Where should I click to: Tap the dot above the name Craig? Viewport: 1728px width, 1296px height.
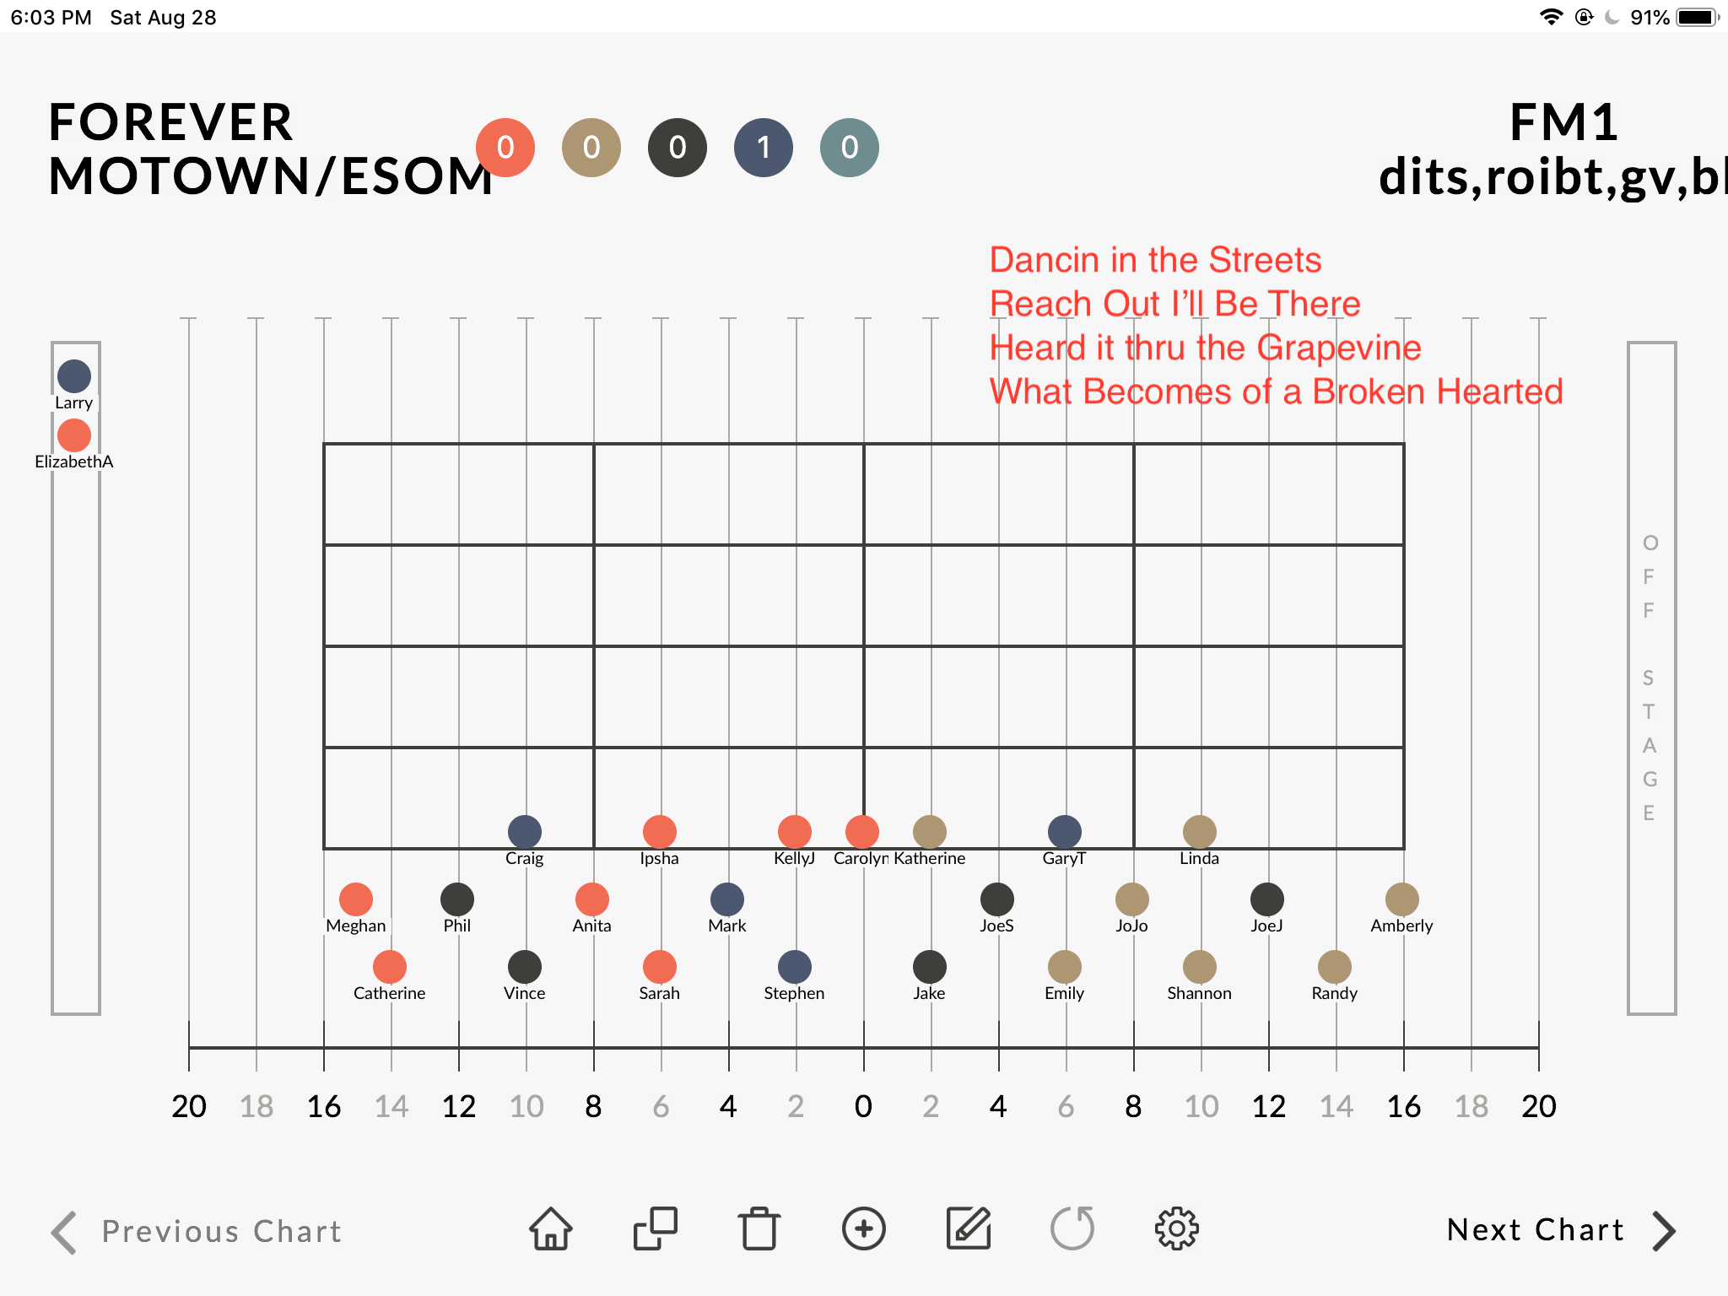(x=525, y=832)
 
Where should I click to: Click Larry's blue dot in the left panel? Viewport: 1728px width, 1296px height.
(x=74, y=376)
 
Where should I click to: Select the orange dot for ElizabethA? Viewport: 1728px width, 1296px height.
(x=74, y=435)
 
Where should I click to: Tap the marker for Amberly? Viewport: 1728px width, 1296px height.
(x=1402, y=899)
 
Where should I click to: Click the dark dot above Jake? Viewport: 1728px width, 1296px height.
(x=930, y=967)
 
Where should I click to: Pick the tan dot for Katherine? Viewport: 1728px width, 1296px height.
(x=930, y=832)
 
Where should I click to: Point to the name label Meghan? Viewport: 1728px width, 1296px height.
(x=356, y=926)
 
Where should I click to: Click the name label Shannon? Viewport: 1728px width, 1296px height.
(x=1200, y=993)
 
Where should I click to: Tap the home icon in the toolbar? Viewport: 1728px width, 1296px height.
(x=551, y=1228)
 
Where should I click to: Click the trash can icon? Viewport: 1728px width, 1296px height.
(x=759, y=1228)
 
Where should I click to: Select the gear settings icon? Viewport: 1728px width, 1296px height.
(x=1177, y=1228)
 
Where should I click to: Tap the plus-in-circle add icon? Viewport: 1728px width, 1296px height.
(x=864, y=1228)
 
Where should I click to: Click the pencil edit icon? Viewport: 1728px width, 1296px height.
(x=969, y=1228)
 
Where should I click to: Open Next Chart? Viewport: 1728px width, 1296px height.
(x=1561, y=1230)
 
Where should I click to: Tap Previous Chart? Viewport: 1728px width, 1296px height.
(x=196, y=1232)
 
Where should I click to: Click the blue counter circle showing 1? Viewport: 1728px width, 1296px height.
(x=764, y=148)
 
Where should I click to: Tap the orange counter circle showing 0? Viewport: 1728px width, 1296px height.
(x=505, y=148)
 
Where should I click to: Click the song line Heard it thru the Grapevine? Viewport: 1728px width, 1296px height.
(x=1205, y=348)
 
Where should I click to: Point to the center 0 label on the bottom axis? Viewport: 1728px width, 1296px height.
(x=863, y=1106)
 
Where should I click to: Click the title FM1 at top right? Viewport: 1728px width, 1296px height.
(x=1563, y=122)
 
